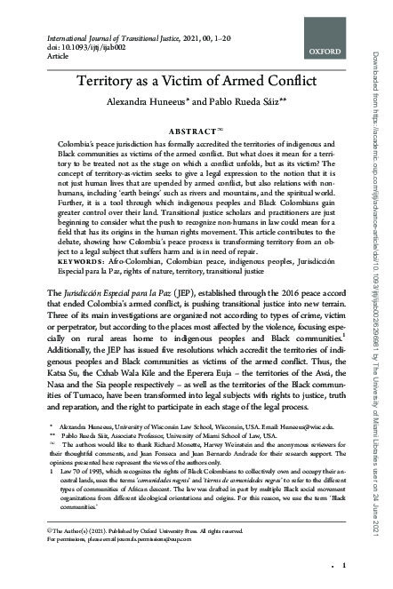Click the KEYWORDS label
click(79, 236)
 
